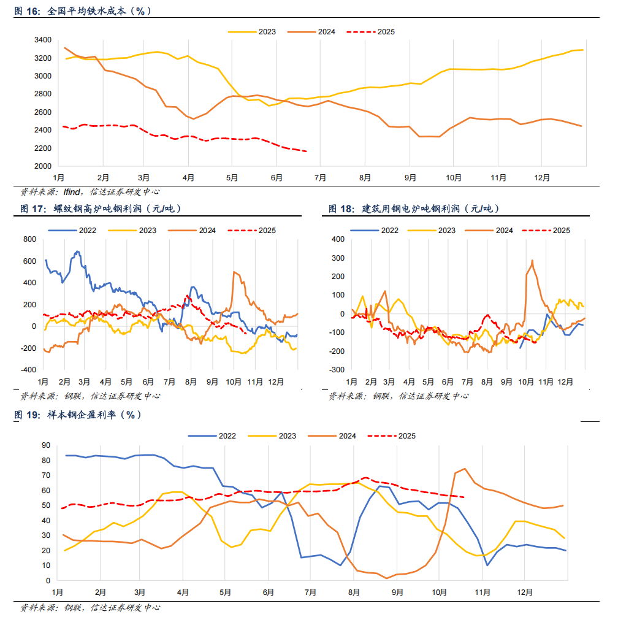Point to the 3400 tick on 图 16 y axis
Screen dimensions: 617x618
click(x=42, y=40)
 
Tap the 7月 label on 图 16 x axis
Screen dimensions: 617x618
click(x=320, y=178)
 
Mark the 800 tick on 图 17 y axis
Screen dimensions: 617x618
click(x=30, y=239)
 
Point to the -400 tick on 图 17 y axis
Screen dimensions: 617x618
click(x=28, y=370)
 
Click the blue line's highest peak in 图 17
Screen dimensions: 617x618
click(x=77, y=251)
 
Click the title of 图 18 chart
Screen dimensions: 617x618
click(x=414, y=209)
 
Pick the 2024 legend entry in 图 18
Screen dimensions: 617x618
click(x=503, y=231)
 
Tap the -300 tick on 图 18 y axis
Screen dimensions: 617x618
click(x=338, y=370)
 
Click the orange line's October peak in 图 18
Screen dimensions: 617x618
click(x=532, y=261)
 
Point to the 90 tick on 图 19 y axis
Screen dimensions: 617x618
click(x=45, y=445)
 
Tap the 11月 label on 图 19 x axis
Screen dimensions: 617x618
click(x=482, y=592)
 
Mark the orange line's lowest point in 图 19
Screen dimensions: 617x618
click(x=387, y=578)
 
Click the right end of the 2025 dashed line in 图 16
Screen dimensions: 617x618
click(x=307, y=151)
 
